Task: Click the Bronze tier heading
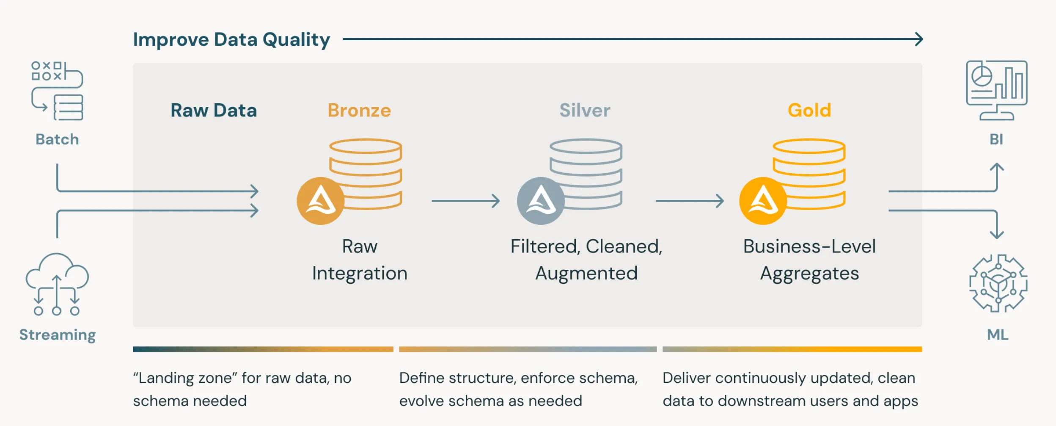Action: pos(359,111)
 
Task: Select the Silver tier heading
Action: pos(585,111)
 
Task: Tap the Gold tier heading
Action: pos(809,111)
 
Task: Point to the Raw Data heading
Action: pos(214,111)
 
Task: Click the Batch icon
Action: pos(57,91)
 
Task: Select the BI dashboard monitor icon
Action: pos(996,90)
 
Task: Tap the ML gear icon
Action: pos(998,283)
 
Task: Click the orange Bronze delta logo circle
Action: pos(320,201)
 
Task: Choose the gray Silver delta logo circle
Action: pos(541,201)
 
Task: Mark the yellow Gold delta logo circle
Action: pos(763,201)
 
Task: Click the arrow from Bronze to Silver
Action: pos(465,201)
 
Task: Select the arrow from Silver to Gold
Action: pos(690,201)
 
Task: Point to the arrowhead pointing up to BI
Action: pos(997,167)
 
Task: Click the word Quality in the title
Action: pos(296,40)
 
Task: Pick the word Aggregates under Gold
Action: pos(809,274)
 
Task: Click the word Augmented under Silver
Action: pos(586,273)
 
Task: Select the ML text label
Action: pos(998,335)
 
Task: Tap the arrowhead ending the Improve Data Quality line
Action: pos(919,39)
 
